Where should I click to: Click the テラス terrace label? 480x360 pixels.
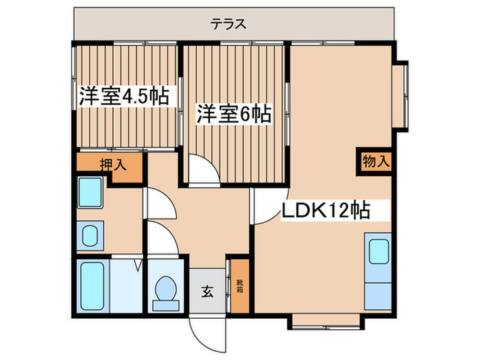(228, 25)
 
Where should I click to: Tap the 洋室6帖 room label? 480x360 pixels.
(232, 113)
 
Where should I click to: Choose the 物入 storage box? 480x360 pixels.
(375, 162)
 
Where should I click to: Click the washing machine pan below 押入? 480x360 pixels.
(90, 191)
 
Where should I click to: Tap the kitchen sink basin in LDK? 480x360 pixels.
(378, 252)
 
